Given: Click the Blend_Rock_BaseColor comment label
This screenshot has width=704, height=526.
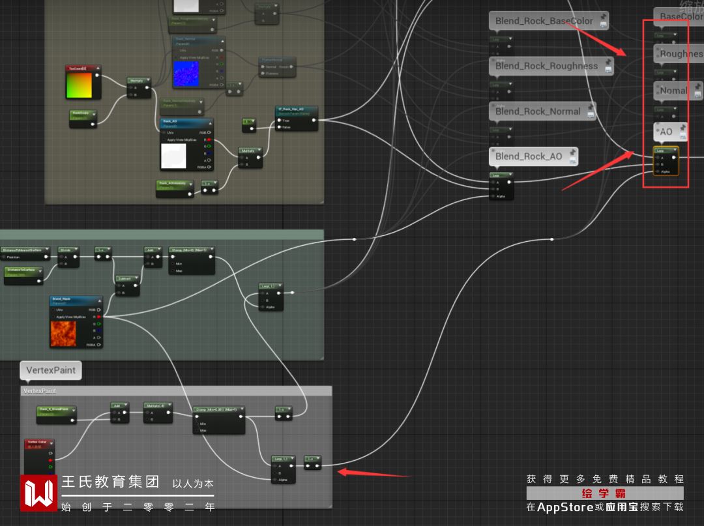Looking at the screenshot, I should tap(544, 21).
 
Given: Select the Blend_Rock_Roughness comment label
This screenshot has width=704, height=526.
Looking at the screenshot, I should tap(546, 66).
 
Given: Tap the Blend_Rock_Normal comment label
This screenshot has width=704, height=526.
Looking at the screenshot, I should tap(538, 111).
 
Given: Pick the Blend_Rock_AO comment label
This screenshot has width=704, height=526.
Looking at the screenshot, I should tap(528, 156).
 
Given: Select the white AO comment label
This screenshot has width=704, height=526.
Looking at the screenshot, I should tap(666, 132).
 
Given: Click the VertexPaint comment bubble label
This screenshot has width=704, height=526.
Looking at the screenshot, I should tap(51, 370).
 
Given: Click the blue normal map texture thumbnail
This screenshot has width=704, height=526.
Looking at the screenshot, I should tap(189, 72).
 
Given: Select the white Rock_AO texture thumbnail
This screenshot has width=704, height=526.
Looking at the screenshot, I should tap(173, 156).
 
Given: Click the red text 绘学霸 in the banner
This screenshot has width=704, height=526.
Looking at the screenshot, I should tap(604, 493).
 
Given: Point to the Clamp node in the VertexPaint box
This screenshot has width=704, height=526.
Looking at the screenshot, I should tap(218, 411).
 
